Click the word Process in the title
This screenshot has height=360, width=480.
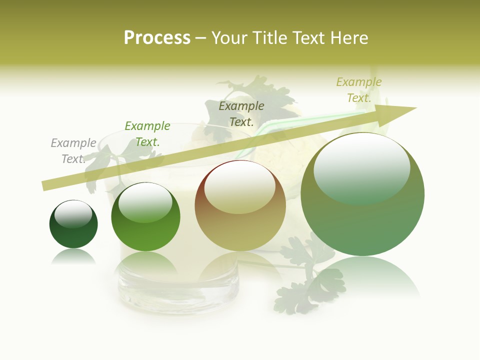tap(157, 38)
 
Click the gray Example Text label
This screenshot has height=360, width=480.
tap(73, 151)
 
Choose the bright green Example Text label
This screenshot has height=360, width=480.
tap(147, 134)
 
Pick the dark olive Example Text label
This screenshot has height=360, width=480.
tap(241, 114)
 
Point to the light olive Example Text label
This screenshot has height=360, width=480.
tap(358, 90)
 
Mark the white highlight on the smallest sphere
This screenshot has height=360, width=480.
tap(73, 214)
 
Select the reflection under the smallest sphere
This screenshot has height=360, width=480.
tap(73, 256)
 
